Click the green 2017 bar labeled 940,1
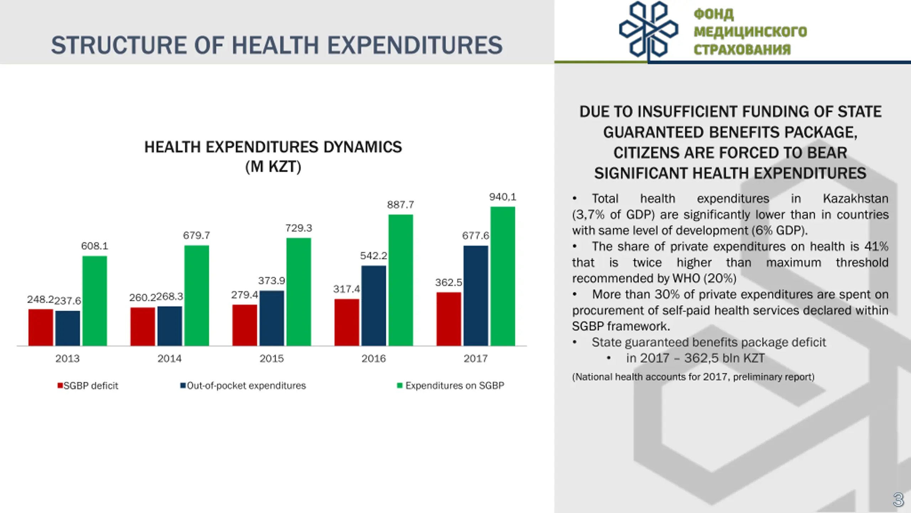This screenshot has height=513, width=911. point(502,276)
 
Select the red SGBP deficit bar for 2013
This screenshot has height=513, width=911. point(41,327)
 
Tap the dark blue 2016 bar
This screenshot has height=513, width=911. point(373,305)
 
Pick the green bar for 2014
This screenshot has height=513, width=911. point(196,295)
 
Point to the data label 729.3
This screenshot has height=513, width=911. point(298,228)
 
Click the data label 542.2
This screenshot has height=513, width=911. point(373,256)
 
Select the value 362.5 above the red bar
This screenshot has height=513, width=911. point(448,283)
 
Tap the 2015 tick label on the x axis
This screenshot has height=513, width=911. point(272,358)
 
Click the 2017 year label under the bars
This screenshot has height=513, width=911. point(475,358)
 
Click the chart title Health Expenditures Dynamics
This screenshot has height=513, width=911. point(273,147)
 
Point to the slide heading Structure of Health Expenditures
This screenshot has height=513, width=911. point(277,45)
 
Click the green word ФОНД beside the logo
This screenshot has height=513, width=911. point(713,14)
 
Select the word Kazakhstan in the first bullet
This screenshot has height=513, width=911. point(855,198)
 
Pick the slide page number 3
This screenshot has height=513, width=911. point(898,500)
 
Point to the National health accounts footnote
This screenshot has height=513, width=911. point(693,377)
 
